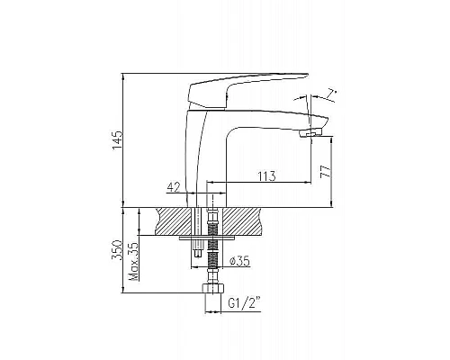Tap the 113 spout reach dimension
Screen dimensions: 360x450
(265, 176)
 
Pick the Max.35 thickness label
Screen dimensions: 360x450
(133, 260)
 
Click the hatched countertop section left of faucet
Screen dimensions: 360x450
(174, 221)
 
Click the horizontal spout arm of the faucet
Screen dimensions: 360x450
(270, 120)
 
